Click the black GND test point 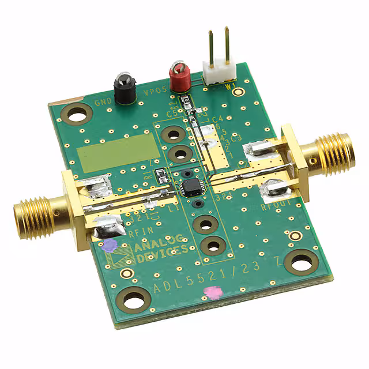pyautogui.click(x=124, y=88)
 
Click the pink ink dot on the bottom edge pyautogui.click(x=213, y=293)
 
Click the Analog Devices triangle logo pyautogui.click(x=123, y=257)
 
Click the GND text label pyautogui.click(x=103, y=106)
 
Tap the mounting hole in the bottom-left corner pyautogui.click(x=134, y=299)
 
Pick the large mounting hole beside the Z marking pyautogui.click(x=300, y=263)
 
